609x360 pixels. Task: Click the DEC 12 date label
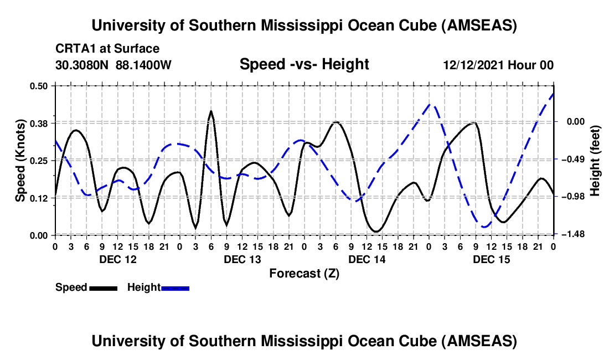tap(117, 259)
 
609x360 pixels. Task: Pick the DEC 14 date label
tap(367, 259)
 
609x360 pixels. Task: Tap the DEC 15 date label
tap(491, 259)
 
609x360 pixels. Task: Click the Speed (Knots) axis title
tap(20, 160)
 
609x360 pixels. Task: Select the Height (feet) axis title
tap(595, 160)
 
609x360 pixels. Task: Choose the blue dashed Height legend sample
tap(175, 288)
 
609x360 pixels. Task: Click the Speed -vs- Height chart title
tap(304, 64)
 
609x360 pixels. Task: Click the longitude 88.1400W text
tap(144, 65)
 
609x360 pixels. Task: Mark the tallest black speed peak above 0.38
tap(211, 111)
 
